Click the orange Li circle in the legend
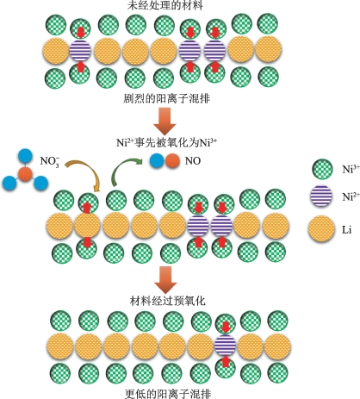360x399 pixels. [321, 229]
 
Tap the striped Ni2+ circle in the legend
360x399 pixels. [321, 196]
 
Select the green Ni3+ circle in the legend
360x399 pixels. [322, 169]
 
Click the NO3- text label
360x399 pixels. [50, 162]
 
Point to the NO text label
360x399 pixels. [193, 161]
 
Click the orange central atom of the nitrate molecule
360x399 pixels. [25, 173]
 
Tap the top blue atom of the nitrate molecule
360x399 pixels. [25, 156]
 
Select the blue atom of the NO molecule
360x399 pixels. [158, 160]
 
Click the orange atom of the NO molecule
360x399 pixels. [172, 160]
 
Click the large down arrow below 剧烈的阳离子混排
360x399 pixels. [164, 121]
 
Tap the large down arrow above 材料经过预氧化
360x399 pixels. [165, 279]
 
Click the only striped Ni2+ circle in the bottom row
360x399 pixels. [226, 346]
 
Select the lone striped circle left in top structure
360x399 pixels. [80, 51]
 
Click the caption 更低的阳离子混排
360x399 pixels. [168, 394]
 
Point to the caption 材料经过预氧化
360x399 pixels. [168, 301]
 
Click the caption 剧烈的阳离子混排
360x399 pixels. [167, 98]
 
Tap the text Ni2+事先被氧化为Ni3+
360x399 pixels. [166, 142]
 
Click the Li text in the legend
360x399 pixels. [346, 230]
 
